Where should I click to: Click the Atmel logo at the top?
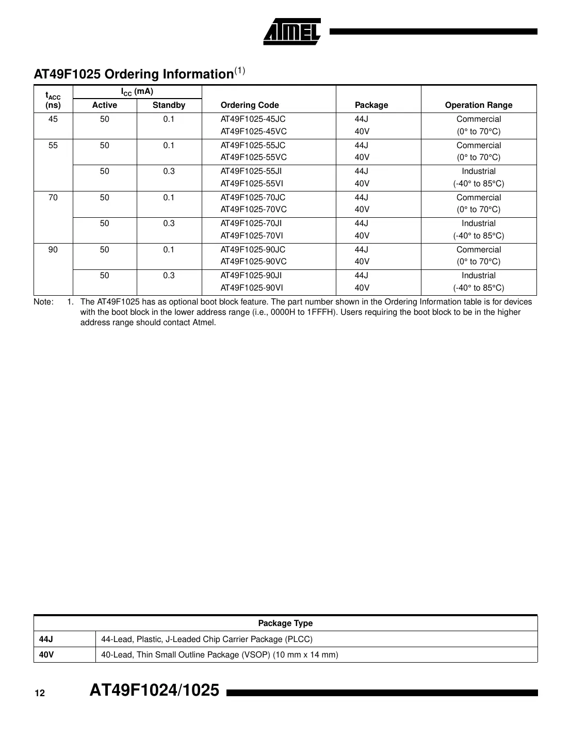click(x=292, y=32)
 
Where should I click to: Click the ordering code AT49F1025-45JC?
click(x=253, y=119)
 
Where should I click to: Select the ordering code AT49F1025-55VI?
click(x=252, y=184)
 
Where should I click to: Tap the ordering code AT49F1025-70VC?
click(x=253, y=210)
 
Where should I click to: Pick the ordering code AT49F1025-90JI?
click(x=251, y=276)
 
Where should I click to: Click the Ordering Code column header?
click(x=250, y=105)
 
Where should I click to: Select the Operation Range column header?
click(x=478, y=105)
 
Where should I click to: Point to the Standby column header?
click(x=169, y=105)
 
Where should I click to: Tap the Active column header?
click(x=105, y=105)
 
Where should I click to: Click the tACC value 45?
click(x=53, y=119)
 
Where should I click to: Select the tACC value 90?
click(x=53, y=250)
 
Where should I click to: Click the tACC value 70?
click(x=53, y=198)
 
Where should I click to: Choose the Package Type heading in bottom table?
click(x=285, y=623)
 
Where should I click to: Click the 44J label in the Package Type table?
click(x=46, y=639)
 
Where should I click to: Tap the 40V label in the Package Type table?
click(x=46, y=655)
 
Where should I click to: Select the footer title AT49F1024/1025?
click(x=154, y=691)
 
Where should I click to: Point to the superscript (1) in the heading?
click(x=240, y=71)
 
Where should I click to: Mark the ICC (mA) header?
click(x=137, y=92)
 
